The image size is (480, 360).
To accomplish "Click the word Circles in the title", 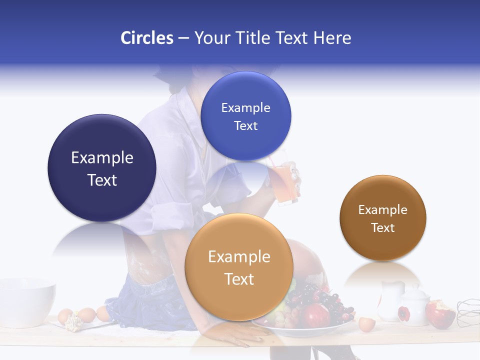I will click(146, 38).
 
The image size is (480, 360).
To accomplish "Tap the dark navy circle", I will click(102, 168).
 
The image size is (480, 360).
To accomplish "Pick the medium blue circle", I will click(245, 116).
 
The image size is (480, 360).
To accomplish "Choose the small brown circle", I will click(382, 218).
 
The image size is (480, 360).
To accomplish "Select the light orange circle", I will click(239, 267).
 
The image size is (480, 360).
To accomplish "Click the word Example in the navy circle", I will click(102, 157).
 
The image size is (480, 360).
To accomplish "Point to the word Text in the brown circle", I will click(382, 227).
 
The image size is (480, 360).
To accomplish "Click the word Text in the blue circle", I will click(245, 125).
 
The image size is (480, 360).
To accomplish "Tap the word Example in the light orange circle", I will click(239, 257).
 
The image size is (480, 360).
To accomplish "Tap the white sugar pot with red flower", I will click(413, 306).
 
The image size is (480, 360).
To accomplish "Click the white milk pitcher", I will click(389, 298).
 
